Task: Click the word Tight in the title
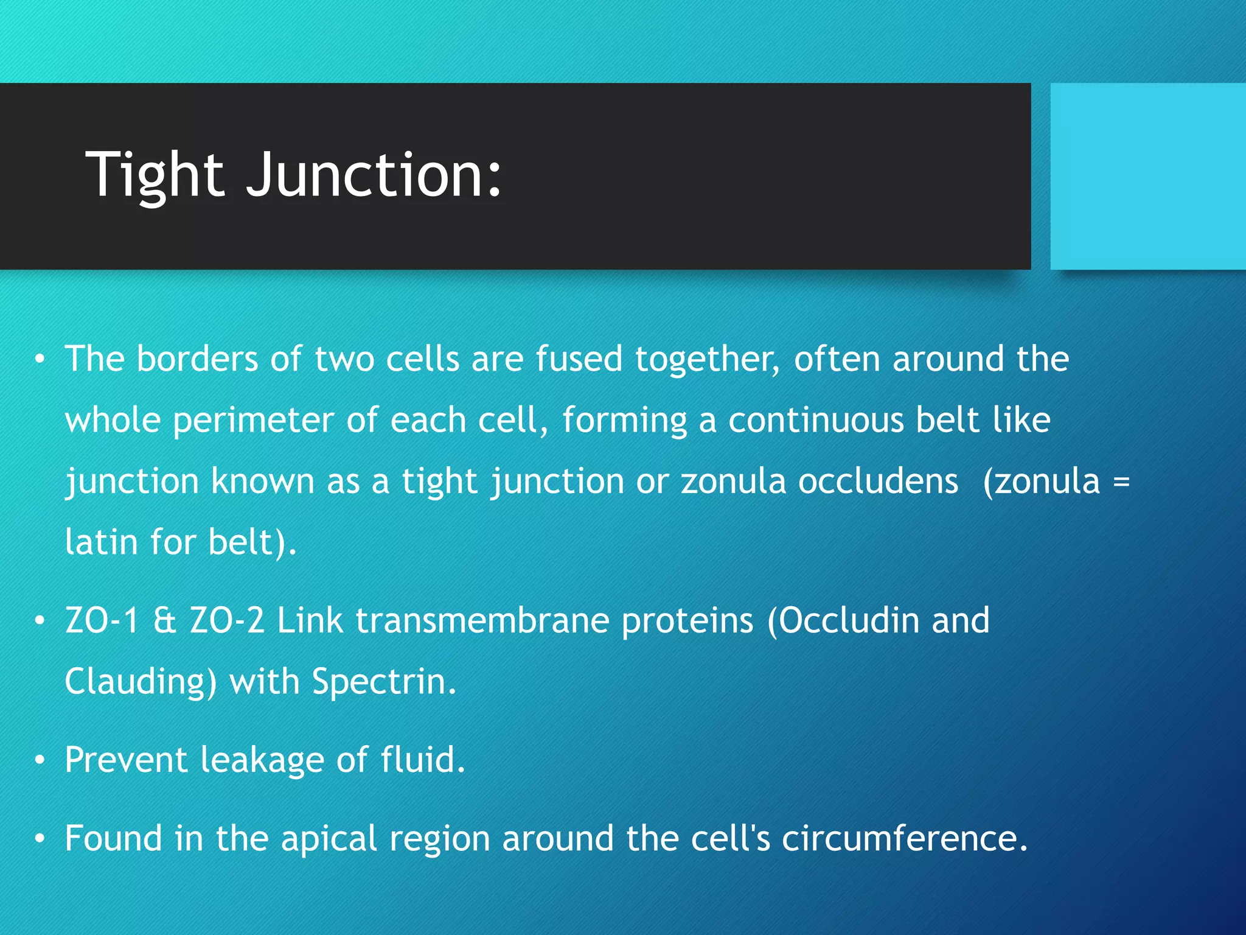click(155, 175)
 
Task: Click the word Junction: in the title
click(374, 175)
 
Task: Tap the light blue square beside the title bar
click(1147, 177)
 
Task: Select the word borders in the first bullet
click(197, 359)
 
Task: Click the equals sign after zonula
click(1121, 482)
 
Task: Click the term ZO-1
click(102, 621)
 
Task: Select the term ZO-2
click(227, 621)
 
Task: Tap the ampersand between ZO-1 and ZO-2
click(164, 621)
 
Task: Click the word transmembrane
click(482, 621)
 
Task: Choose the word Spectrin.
click(383, 682)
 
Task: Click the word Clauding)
click(141, 682)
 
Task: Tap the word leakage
click(262, 760)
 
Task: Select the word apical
click(329, 839)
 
